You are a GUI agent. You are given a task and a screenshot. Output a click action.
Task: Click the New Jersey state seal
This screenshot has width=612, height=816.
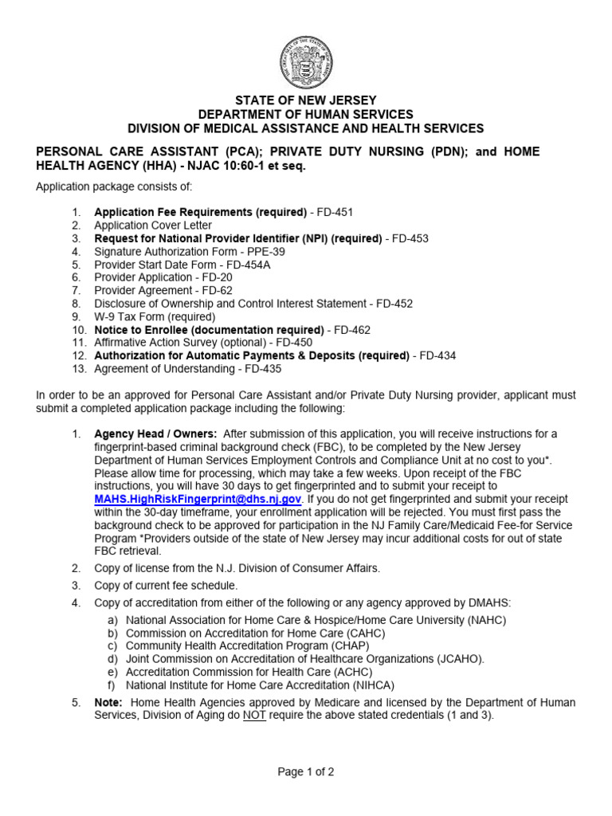point(306,61)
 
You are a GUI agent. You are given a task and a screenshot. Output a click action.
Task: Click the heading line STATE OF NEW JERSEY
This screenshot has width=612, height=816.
point(306,100)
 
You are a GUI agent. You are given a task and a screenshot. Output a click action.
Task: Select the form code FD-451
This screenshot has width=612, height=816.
point(334,212)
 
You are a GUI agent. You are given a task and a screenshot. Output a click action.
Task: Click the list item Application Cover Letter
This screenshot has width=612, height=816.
point(153,226)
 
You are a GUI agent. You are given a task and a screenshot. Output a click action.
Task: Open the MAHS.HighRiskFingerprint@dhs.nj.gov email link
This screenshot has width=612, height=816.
point(198,499)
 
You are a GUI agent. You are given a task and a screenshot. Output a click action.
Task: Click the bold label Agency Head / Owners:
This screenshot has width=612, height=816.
point(155,433)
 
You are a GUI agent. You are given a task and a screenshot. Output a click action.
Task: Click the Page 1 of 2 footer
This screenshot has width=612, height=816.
point(305,771)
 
